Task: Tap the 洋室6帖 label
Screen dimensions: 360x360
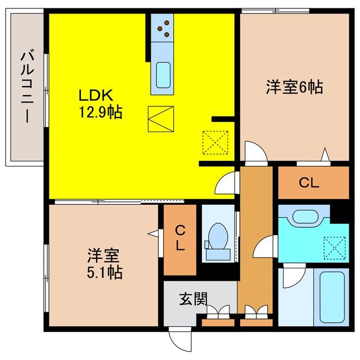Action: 294,88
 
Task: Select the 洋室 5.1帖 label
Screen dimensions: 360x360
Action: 105,264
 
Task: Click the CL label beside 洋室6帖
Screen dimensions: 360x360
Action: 309,183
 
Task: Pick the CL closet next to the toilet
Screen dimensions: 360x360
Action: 179,238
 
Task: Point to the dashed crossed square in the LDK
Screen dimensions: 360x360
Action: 215,142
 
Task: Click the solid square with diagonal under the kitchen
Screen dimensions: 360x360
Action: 161,119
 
